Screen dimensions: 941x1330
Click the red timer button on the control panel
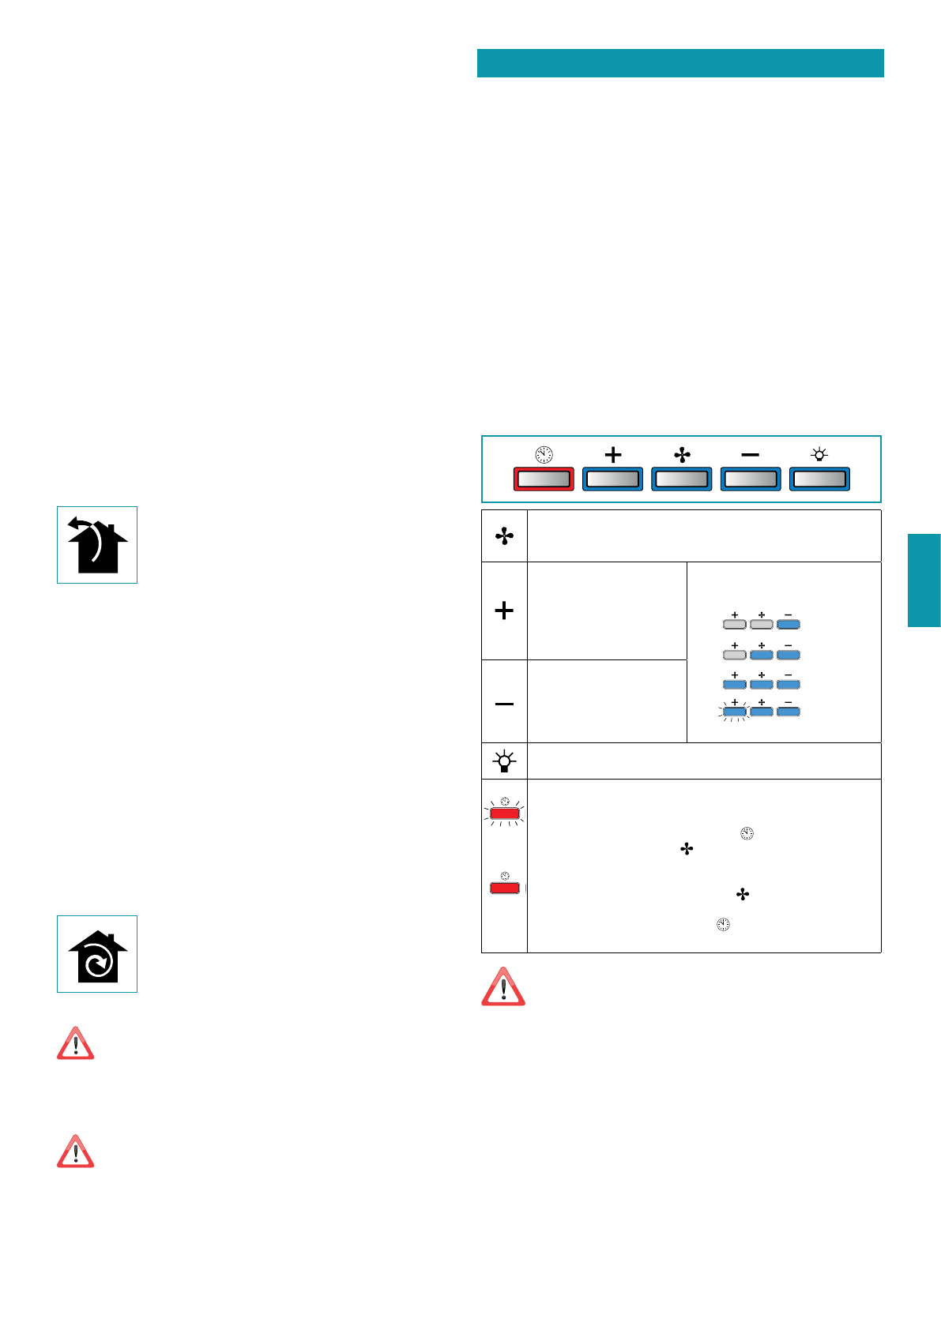point(544,479)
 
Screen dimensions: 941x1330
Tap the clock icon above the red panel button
point(544,454)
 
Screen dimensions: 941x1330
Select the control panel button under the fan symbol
point(681,479)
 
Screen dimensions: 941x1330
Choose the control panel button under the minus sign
point(750,479)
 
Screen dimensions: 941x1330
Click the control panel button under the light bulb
point(819,479)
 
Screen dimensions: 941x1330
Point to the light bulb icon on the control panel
point(819,454)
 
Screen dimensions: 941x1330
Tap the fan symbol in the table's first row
point(504,536)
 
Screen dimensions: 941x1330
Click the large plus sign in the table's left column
point(504,611)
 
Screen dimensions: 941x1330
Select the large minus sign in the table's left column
point(504,704)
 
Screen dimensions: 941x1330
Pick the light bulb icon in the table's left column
point(504,761)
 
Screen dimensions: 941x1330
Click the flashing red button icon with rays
point(504,813)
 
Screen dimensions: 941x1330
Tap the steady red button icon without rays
point(504,887)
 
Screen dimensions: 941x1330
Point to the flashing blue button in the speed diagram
point(735,712)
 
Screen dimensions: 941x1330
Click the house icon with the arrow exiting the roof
point(97,545)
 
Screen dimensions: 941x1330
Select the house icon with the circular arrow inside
point(97,954)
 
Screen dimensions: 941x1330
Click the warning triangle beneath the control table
point(503,986)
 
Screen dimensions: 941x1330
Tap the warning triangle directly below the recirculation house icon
point(76,1044)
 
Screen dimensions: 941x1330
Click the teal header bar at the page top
point(680,63)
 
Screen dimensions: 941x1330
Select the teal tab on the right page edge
point(924,580)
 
